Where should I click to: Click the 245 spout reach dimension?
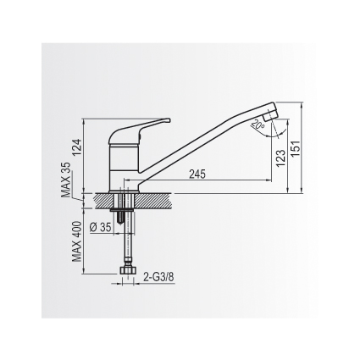197,174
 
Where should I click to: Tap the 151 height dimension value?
295,149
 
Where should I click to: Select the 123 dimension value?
280,158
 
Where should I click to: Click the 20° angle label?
258,125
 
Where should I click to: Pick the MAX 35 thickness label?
66,180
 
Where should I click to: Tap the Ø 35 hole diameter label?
101,227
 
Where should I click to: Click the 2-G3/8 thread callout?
158,277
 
